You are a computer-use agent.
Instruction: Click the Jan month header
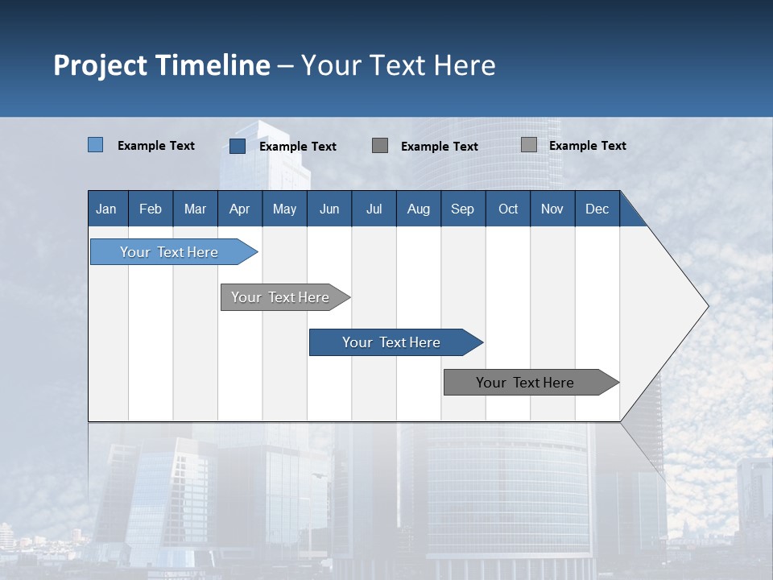point(106,209)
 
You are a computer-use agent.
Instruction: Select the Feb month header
point(151,209)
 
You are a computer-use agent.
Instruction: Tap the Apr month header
point(240,209)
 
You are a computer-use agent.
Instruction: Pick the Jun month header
point(329,209)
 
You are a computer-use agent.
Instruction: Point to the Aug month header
point(419,209)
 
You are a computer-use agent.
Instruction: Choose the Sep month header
point(463,209)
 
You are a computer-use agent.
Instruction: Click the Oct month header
point(508,209)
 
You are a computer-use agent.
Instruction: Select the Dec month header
point(597,209)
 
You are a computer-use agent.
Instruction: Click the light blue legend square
point(95,145)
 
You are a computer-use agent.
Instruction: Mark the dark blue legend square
point(238,146)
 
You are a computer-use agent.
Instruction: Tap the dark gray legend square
point(380,145)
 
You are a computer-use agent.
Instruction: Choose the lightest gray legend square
point(528,145)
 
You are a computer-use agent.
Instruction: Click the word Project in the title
point(100,65)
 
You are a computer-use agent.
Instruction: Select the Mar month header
point(195,209)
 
